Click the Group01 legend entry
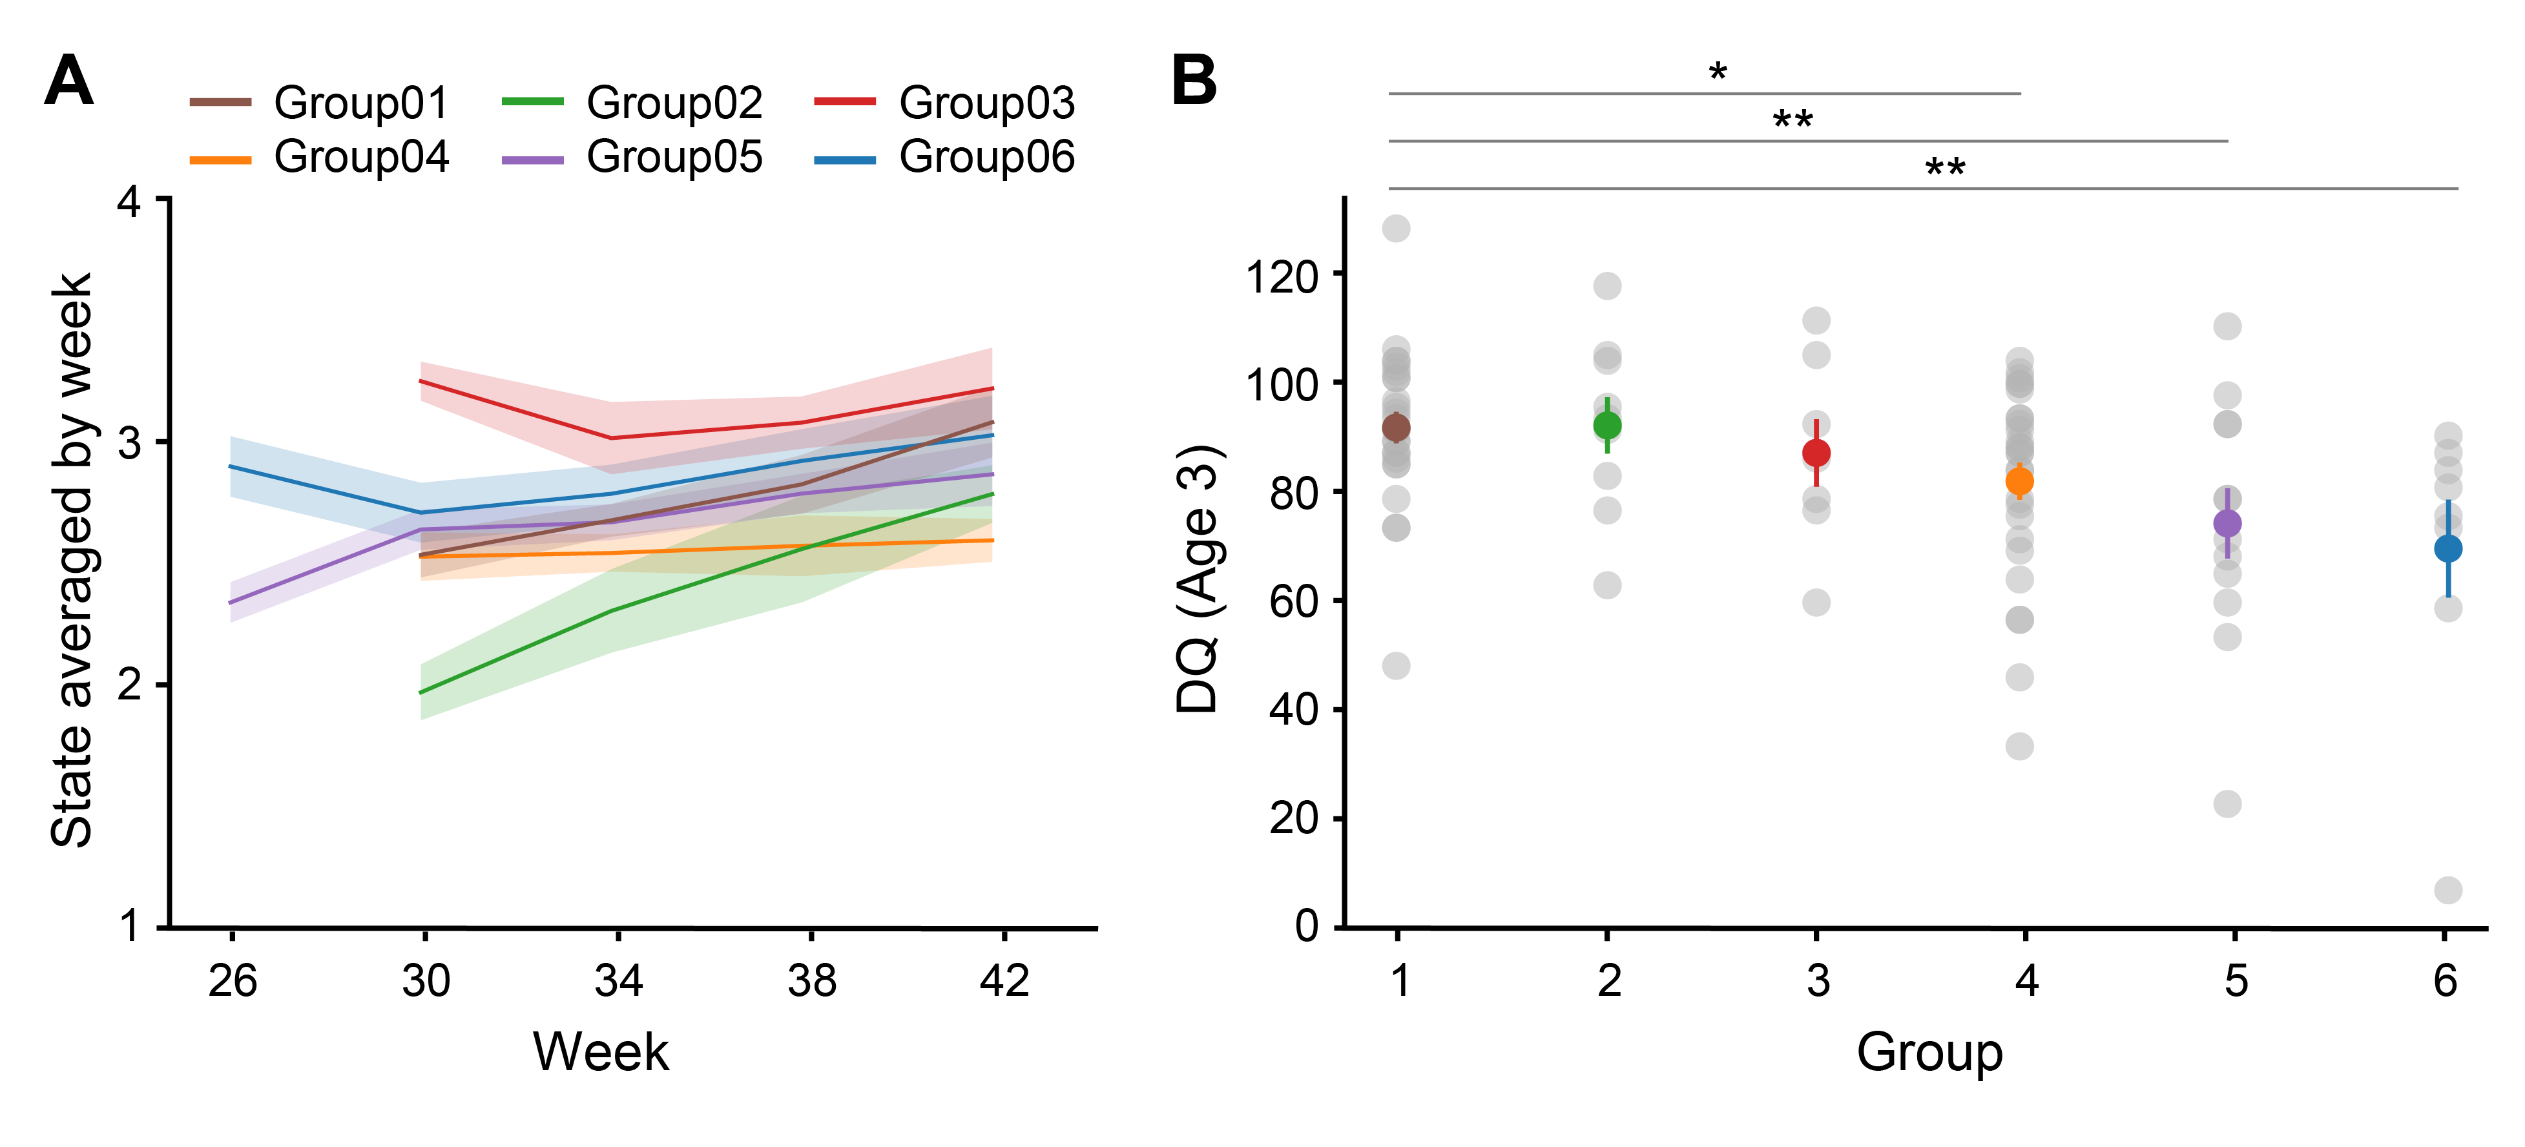pyautogui.click(x=318, y=102)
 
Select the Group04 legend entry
pyautogui.click(x=318, y=157)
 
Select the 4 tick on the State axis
pyautogui.click(x=129, y=202)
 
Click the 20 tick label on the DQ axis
pyautogui.click(x=1294, y=818)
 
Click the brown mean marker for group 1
pyautogui.click(x=1396, y=428)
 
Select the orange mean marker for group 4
pyautogui.click(x=2019, y=481)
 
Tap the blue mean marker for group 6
pyautogui.click(x=2447, y=548)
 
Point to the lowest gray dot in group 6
pyautogui.click(x=2447, y=890)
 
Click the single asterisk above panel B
pyautogui.click(x=1718, y=72)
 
